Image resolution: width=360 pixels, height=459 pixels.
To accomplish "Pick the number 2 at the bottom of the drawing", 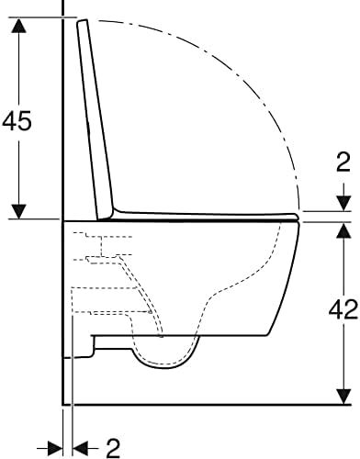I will pyautogui.click(x=113, y=447).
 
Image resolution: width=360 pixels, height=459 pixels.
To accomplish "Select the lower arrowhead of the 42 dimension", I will pyautogui.click(x=343, y=396).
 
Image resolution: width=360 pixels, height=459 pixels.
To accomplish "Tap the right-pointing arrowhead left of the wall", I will pyautogui.click(x=55, y=447).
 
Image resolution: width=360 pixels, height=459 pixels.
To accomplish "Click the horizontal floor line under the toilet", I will pyautogui.click(x=202, y=404).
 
